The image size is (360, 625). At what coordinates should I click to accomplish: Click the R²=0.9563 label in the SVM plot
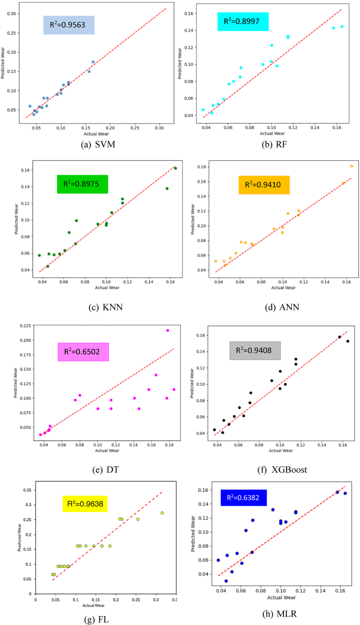click(x=68, y=25)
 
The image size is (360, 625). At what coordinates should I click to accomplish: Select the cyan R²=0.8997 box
click(x=243, y=22)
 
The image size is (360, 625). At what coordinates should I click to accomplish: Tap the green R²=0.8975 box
click(x=82, y=184)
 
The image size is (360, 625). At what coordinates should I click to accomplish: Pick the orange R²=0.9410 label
click(x=263, y=185)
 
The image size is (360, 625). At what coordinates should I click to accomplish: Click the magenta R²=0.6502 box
click(x=83, y=352)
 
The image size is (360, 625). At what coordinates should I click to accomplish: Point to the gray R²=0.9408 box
click(x=255, y=351)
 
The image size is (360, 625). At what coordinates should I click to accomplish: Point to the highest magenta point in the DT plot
click(x=168, y=331)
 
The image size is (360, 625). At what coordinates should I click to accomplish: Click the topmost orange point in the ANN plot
click(x=352, y=166)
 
